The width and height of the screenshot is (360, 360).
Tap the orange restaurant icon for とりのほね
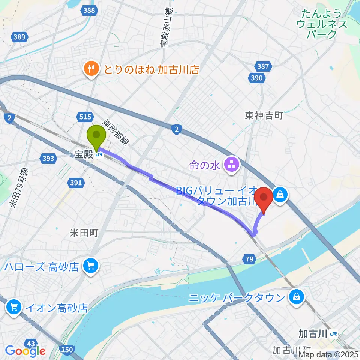[x=91, y=69]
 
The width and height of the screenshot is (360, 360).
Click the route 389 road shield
[x=19, y=37]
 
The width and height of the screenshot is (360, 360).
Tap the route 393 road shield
[x=49, y=159]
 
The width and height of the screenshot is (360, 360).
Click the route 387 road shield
[x=263, y=66]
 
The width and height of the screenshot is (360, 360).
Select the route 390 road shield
[x=257, y=78]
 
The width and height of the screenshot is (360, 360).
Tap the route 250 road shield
[x=67, y=349]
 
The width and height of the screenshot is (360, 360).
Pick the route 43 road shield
[x=31, y=343]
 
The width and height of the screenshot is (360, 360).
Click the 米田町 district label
[x=84, y=233]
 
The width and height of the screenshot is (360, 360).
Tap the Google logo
[x=25, y=351]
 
